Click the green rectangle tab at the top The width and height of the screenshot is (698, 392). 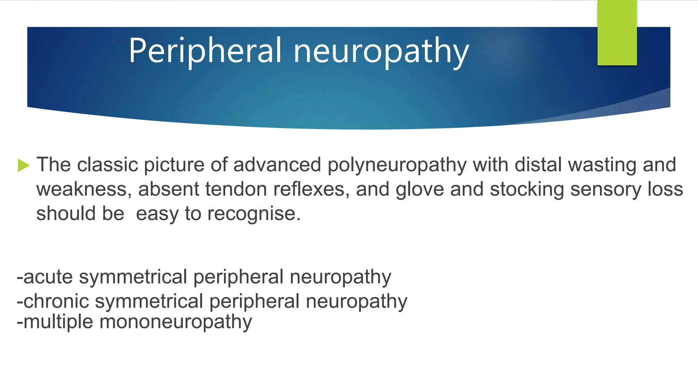617,33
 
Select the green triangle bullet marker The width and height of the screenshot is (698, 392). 24,165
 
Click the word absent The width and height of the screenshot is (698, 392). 168,189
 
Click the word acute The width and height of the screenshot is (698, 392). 48,277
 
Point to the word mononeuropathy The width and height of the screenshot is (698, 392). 176,322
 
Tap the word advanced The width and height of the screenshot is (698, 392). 277,165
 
